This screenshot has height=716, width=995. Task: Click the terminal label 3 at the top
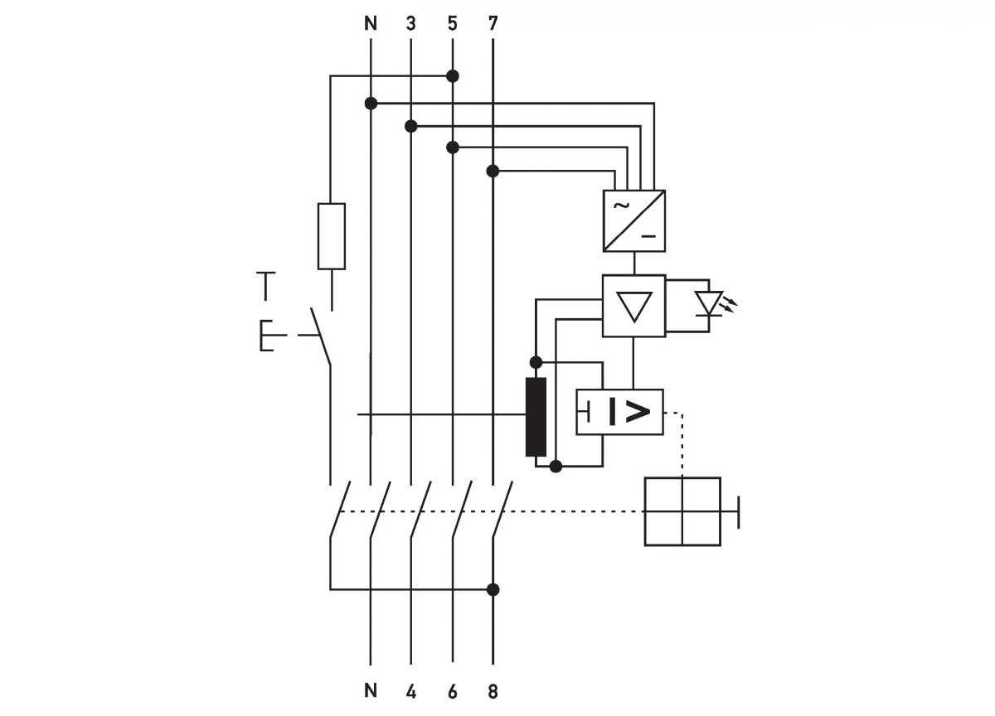[x=411, y=23]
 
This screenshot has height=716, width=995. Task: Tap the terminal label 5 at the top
[x=452, y=23]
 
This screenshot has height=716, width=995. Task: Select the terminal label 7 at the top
[x=493, y=23]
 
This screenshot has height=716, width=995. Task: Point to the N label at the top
[x=371, y=23]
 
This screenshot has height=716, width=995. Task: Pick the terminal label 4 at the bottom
[x=411, y=691]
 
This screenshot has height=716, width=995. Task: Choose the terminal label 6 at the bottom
[x=452, y=691]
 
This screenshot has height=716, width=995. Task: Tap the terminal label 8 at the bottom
[x=493, y=691]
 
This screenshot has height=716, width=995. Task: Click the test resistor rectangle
[x=332, y=235]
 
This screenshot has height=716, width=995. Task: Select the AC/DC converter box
[x=634, y=220]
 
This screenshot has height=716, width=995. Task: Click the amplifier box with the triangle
[x=634, y=305]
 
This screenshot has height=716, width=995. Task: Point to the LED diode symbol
[x=707, y=304]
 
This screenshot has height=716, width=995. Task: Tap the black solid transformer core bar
[x=536, y=416]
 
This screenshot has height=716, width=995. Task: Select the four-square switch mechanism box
[x=682, y=511]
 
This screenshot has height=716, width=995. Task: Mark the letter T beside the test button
[x=265, y=285]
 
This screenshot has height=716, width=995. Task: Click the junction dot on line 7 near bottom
[x=493, y=589]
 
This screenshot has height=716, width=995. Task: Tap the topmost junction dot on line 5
[x=452, y=76]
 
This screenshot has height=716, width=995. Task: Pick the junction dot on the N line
[x=371, y=103]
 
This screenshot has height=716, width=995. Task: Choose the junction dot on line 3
[x=411, y=126]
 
